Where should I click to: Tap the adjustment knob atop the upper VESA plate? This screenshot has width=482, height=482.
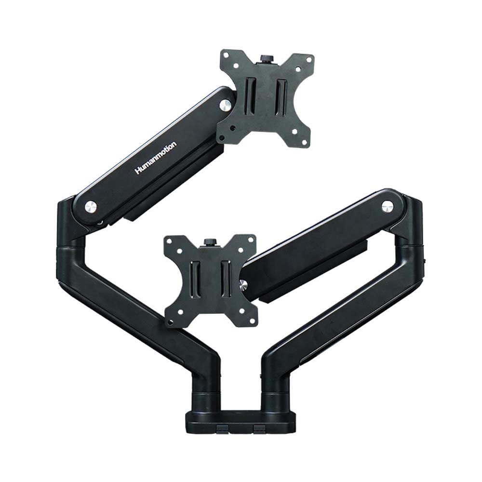(266, 58)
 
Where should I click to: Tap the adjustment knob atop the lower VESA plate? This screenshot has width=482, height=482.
(209, 241)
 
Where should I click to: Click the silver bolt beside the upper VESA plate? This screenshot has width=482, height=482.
(225, 105)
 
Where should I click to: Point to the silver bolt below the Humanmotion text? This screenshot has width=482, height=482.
(91, 207)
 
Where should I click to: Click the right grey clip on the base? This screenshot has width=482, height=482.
(259, 428)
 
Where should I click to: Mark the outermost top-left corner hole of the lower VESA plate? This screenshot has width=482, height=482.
(169, 241)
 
